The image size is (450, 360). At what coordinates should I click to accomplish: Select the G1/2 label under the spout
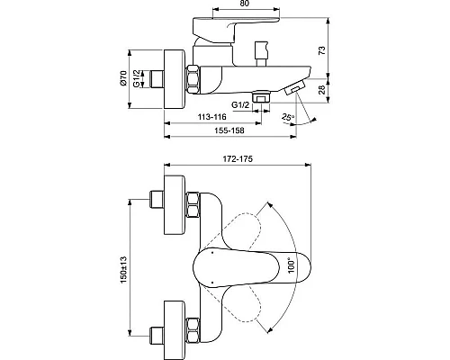[238, 105]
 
